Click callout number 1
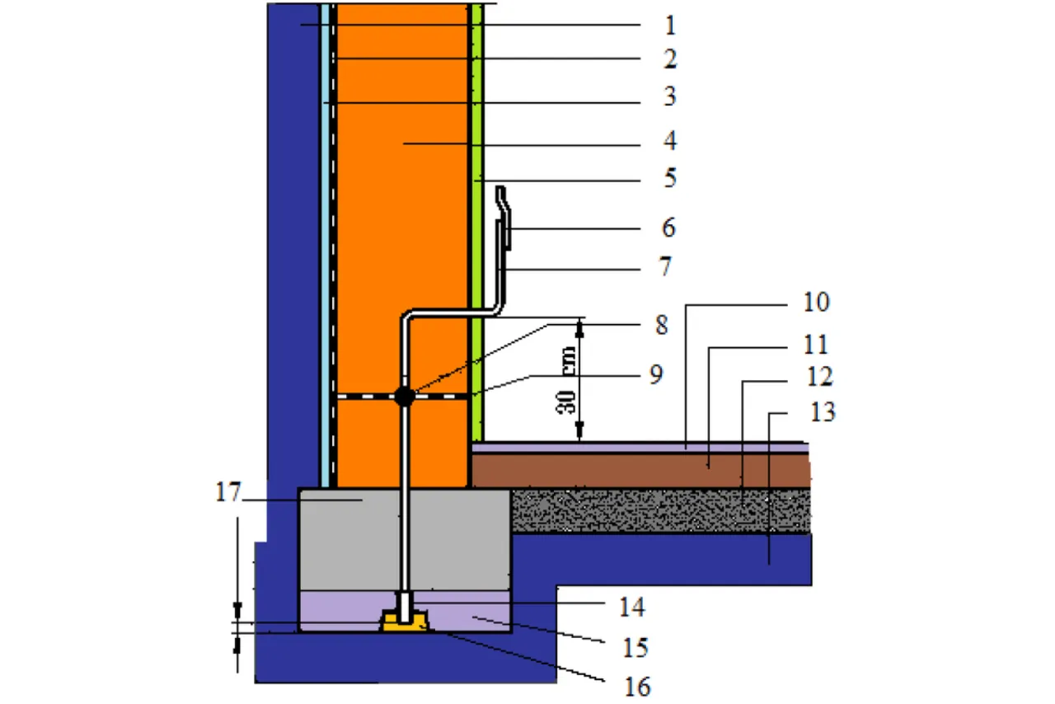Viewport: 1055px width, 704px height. coord(669,26)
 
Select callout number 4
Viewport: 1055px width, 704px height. coord(669,142)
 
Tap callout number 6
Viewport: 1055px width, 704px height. coord(669,228)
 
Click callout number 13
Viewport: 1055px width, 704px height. coord(823,411)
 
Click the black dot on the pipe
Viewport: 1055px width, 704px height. coord(404,397)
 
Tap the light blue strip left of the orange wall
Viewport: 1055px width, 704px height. coord(326,247)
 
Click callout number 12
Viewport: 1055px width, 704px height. coord(819,378)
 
